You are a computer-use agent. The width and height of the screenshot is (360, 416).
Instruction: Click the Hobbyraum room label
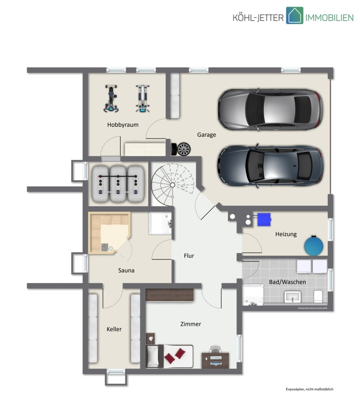[123, 125]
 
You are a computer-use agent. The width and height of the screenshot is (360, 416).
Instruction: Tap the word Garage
[206, 135]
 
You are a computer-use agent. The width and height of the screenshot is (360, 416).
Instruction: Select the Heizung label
[286, 234]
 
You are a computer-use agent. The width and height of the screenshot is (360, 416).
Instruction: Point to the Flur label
[189, 255]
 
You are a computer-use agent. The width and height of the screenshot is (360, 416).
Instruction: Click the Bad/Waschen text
[287, 282]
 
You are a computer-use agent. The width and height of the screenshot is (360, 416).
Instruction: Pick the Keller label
[114, 329]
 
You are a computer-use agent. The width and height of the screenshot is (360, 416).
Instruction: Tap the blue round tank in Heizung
[314, 245]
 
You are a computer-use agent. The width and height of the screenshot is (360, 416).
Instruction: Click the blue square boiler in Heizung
[264, 219]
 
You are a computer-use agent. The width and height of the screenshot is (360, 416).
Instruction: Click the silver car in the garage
[271, 109]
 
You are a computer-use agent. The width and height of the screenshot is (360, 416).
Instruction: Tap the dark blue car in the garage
[271, 166]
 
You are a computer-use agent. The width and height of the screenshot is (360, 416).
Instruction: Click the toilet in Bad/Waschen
[318, 296]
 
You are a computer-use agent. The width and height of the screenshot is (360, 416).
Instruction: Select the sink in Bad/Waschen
[292, 297]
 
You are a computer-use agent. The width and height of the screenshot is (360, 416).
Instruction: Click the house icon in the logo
[294, 16]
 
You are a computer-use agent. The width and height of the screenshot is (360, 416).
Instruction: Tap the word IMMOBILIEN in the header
[329, 18]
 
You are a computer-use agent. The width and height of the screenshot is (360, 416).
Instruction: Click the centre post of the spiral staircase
[172, 185]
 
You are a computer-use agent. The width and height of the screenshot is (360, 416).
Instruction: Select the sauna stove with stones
[105, 247]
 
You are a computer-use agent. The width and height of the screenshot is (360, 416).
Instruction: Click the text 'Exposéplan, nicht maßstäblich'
[309, 395]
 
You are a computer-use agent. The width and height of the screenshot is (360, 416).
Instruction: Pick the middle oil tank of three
[118, 184]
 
